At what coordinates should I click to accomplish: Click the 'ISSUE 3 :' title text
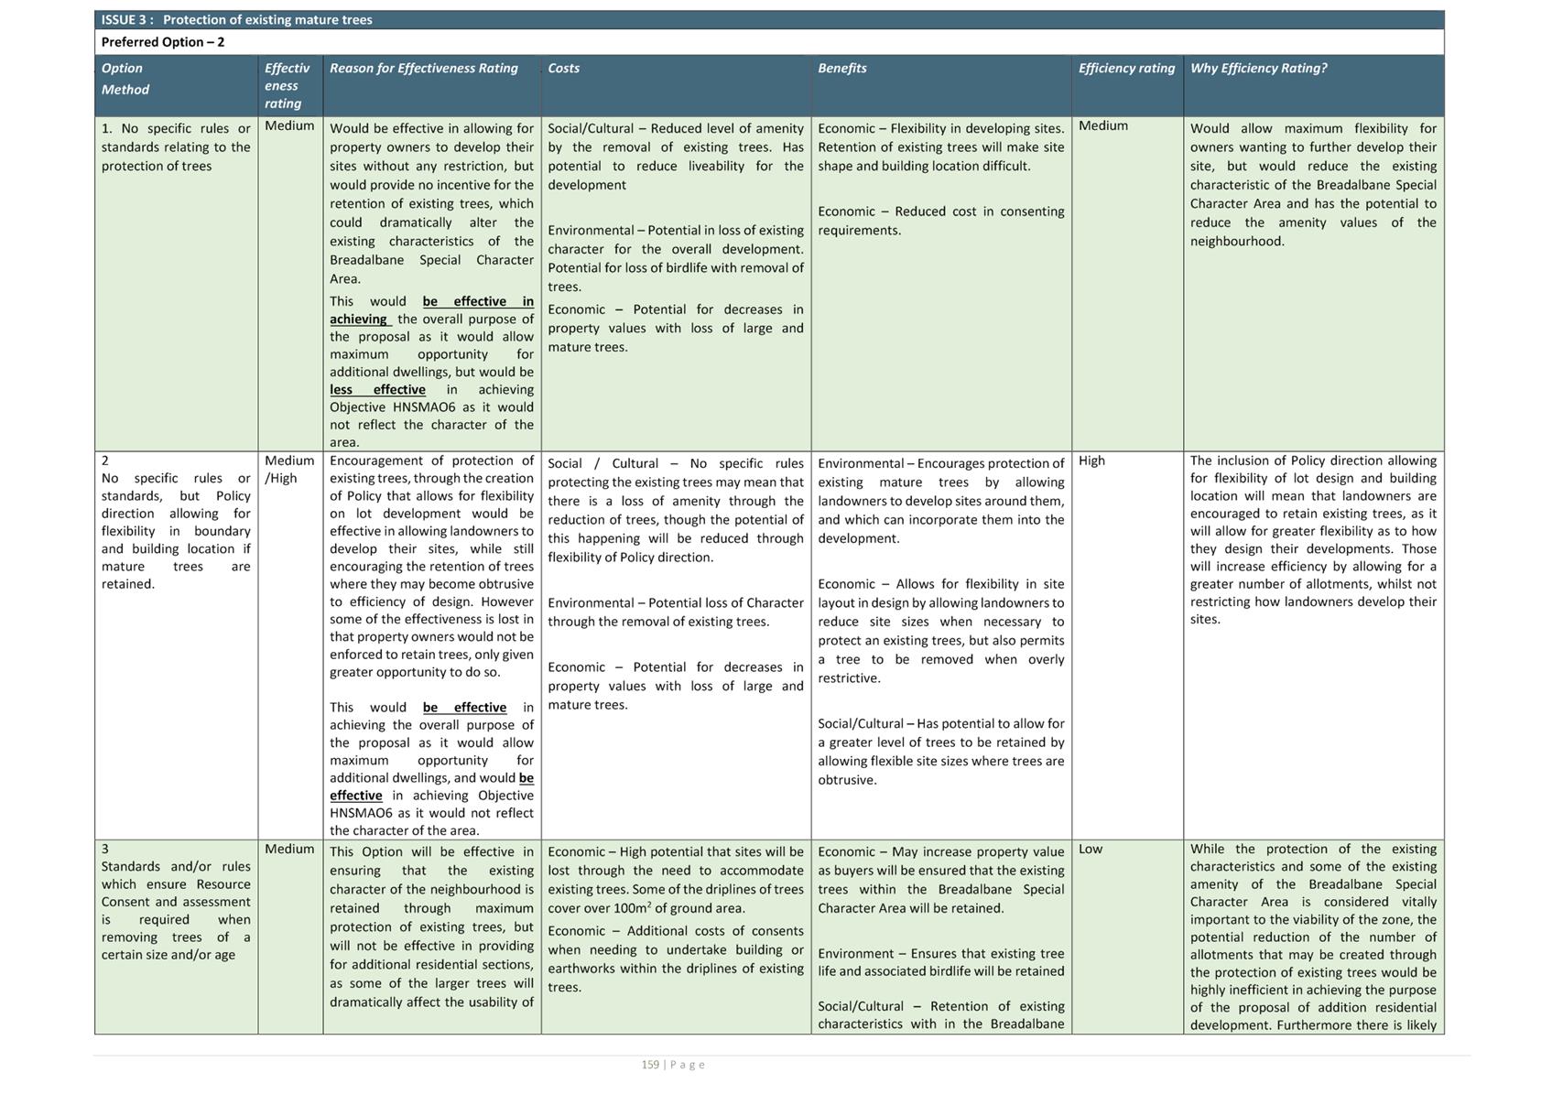click(x=127, y=20)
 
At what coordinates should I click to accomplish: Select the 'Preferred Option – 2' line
click(x=163, y=42)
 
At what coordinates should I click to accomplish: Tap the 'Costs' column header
click(x=563, y=68)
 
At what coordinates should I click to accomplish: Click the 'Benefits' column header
click(x=841, y=68)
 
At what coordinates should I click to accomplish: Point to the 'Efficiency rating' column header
click(x=1126, y=68)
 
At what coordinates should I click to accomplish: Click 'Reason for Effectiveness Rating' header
click(x=423, y=68)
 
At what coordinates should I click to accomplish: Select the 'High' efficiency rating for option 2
click(x=1091, y=460)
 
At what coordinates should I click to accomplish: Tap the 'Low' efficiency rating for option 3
click(x=1091, y=849)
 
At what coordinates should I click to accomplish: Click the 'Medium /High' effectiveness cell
click(x=289, y=470)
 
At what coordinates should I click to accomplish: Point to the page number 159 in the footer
click(x=650, y=1065)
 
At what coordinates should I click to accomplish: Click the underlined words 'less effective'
click(x=377, y=390)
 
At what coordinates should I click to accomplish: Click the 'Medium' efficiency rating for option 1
click(x=1102, y=125)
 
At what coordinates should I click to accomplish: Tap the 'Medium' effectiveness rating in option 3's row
click(x=289, y=849)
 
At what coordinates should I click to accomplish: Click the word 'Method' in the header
click(x=125, y=90)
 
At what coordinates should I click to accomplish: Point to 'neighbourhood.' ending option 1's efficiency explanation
click(x=1237, y=242)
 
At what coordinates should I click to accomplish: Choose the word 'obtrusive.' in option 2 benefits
click(x=847, y=780)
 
